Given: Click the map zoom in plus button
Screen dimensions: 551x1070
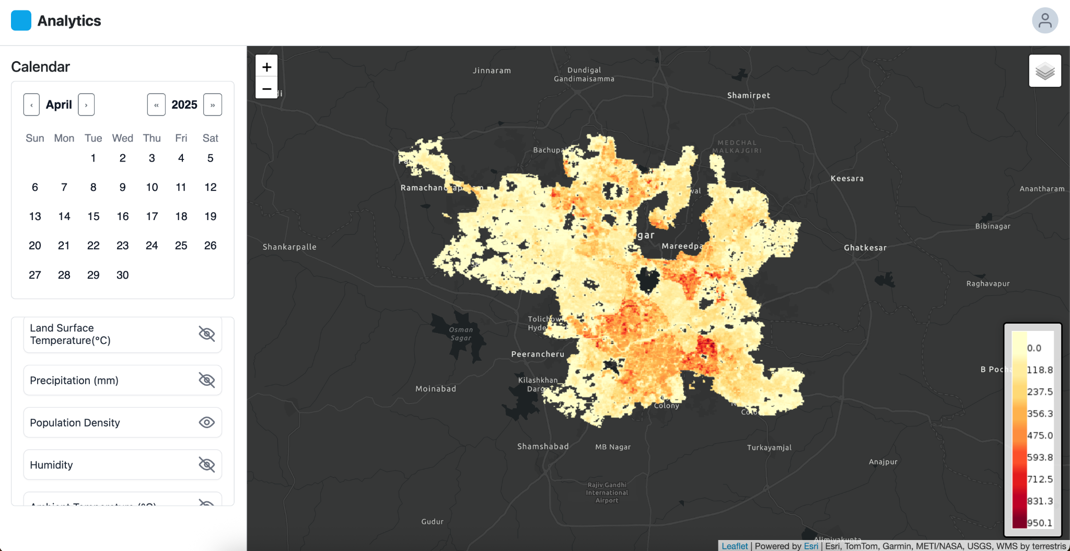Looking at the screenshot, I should point(266,67).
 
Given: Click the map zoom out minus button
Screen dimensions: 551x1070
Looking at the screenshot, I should point(266,88).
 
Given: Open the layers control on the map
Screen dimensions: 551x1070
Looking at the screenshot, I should point(1045,71).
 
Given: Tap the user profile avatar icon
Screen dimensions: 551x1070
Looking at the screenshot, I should point(1044,21).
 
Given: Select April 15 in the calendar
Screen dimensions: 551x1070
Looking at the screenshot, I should point(94,216).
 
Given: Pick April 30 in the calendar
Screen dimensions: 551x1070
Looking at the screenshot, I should point(122,275).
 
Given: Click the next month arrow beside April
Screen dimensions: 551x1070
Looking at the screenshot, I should point(86,105).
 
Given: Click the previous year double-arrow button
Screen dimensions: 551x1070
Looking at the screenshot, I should point(156,105).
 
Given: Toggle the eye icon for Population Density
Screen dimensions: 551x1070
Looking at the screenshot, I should point(207,422).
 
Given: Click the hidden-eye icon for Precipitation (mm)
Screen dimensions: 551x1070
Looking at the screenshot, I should point(207,380).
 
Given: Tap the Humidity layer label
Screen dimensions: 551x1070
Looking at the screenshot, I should point(51,465).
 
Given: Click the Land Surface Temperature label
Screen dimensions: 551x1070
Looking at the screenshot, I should point(70,334).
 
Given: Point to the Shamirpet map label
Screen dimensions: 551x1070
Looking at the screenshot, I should point(748,95).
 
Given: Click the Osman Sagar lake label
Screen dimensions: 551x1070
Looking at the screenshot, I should point(461,334).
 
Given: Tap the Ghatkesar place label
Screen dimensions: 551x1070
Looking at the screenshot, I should point(865,248).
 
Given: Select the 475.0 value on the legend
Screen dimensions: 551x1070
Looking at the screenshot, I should point(1040,435).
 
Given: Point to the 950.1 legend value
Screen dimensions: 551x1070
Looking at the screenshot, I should point(1040,523).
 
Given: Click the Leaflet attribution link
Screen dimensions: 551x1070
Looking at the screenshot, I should point(735,546).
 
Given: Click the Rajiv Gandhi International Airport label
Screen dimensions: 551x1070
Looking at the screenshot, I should point(607,492).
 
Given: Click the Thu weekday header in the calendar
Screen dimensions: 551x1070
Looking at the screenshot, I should point(152,138).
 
